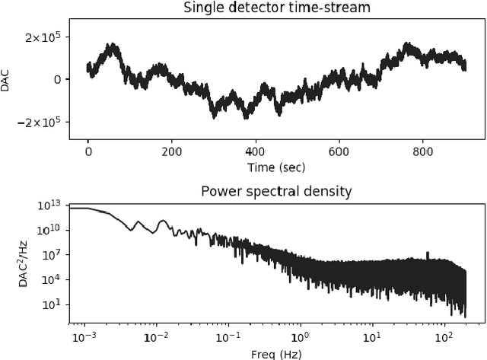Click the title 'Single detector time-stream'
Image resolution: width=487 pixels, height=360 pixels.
pos(275,8)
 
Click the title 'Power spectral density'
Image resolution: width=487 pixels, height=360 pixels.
pos(275,190)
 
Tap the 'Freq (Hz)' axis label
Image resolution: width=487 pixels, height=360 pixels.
pos(275,352)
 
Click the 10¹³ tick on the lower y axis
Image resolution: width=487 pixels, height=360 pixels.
pos(53,205)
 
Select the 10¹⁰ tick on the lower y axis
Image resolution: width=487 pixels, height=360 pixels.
pos(53,230)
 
